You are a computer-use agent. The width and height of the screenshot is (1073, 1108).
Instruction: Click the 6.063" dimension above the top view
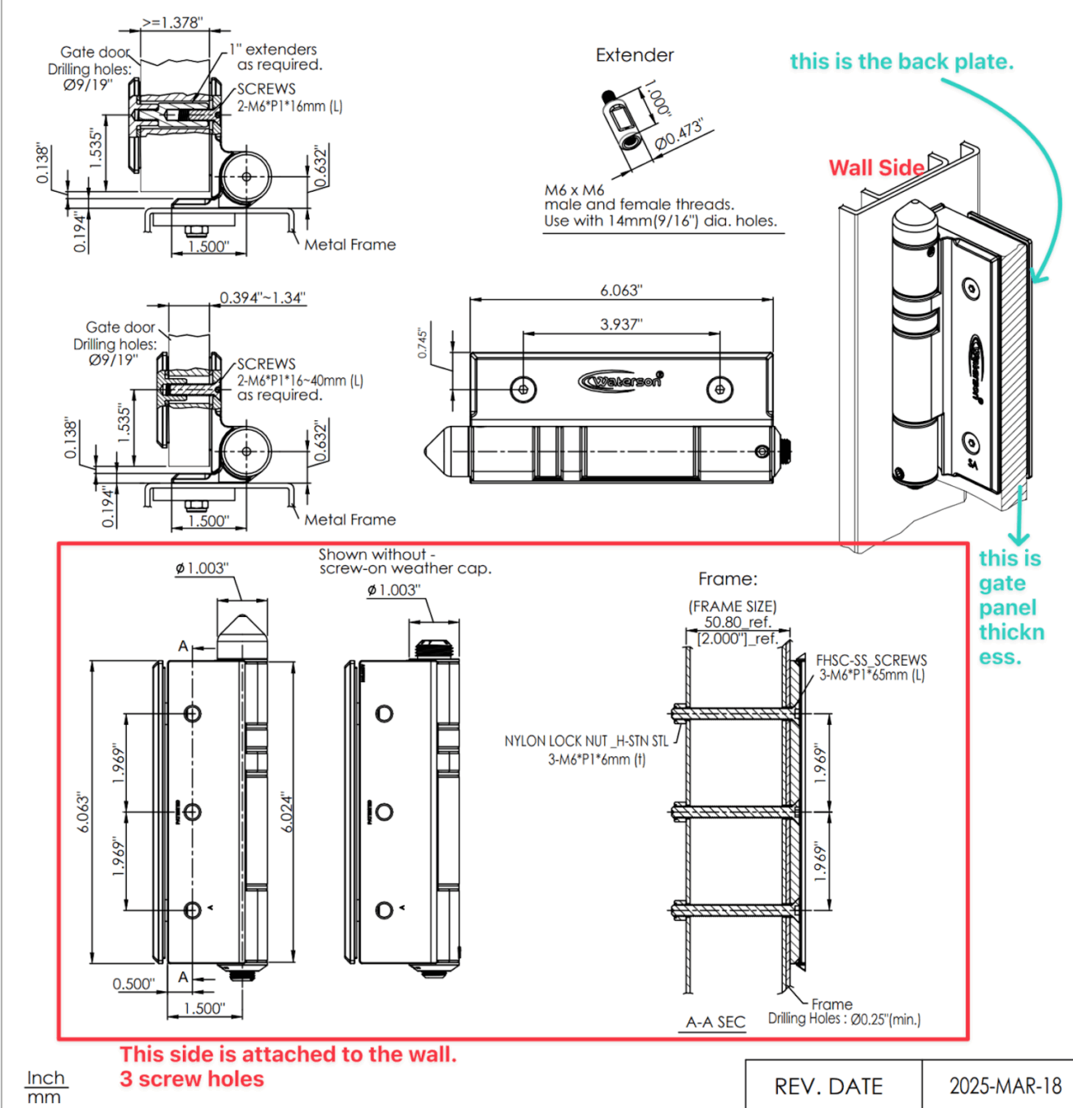coord(621,290)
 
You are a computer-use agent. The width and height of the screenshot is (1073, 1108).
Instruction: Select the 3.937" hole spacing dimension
coord(621,324)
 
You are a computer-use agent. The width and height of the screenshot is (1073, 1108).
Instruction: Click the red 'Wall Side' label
coord(875,168)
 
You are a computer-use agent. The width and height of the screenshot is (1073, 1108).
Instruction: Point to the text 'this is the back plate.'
coord(901,62)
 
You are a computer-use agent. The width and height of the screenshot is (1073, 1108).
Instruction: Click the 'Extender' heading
coord(635,55)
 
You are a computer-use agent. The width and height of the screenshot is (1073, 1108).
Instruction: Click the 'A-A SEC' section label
coord(715,1022)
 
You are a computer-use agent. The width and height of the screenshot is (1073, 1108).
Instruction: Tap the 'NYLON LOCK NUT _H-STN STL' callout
coord(586,741)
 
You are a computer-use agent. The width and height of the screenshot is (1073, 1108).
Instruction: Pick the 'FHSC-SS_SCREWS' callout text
coord(871,660)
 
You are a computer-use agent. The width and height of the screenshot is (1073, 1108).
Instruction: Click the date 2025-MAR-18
coord(1005,1086)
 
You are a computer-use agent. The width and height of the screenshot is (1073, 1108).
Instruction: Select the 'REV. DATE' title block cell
coord(828,1086)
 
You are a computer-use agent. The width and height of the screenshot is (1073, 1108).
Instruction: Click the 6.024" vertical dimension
coord(287,811)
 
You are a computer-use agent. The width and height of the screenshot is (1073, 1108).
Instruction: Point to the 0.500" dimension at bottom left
coord(133,984)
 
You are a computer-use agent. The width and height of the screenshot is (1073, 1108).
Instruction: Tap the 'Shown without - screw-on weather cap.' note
coord(404,561)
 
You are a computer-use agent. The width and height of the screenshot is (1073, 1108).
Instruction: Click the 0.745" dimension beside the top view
coord(422,343)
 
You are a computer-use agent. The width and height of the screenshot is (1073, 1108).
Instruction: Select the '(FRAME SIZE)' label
coord(732,606)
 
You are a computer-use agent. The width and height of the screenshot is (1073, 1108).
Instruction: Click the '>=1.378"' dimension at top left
coord(172,22)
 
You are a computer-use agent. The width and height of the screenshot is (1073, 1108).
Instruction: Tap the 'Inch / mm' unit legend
coord(45,1087)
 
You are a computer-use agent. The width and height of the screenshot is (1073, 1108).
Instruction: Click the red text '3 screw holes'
coord(192,1079)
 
